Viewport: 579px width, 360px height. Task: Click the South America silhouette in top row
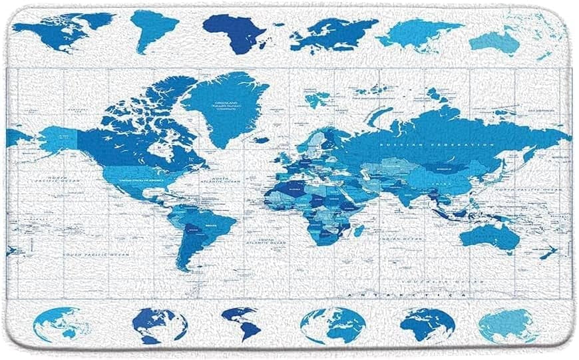[152, 29]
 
